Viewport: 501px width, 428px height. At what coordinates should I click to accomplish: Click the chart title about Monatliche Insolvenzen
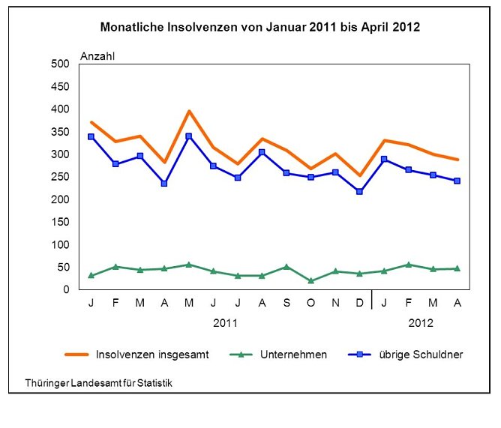pos(260,28)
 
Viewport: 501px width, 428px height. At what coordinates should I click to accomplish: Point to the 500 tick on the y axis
pos(60,64)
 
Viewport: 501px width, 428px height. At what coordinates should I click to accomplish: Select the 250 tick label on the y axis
pos(60,177)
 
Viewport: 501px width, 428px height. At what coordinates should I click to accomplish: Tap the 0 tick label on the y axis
pos(66,289)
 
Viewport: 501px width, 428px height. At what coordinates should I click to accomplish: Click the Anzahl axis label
pos(97,55)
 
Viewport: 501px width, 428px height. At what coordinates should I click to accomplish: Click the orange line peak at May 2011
pos(189,111)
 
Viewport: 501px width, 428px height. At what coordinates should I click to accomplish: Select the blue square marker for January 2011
pos(91,136)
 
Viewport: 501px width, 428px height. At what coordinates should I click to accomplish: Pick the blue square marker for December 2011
pos(359,192)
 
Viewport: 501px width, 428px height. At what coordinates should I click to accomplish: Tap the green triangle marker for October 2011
pos(310,281)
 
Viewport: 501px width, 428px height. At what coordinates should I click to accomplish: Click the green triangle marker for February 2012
pos(408,265)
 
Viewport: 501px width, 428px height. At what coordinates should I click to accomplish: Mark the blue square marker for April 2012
pos(457,181)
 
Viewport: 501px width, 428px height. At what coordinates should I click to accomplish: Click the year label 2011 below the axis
pos(225,323)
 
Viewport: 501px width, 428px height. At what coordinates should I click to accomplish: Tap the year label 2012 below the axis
pos(420,323)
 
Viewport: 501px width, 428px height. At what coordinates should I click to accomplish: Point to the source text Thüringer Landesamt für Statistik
pos(99,383)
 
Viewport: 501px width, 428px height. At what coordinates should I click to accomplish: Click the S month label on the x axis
pos(286,302)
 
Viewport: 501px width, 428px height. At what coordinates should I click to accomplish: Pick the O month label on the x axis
pos(310,302)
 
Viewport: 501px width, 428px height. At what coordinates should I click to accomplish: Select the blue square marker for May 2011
pos(189,136)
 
